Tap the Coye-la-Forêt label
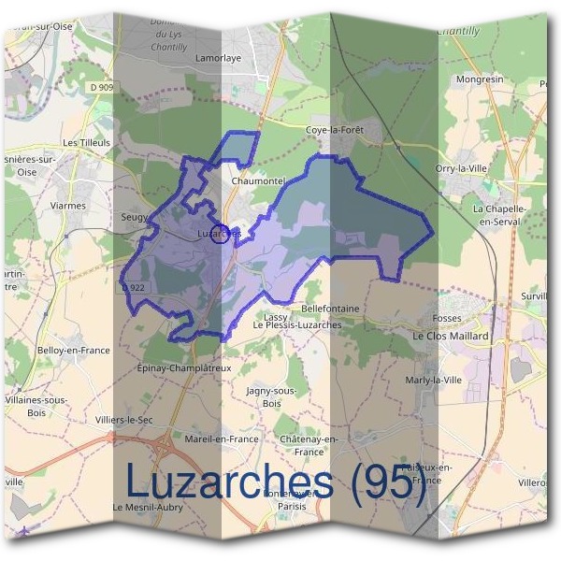point(334,130)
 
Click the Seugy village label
point(135,217)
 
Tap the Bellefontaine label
point(330,308)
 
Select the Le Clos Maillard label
point(451,335)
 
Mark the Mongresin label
point(479,79)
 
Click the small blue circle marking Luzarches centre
point(222,235)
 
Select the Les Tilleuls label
point(86,142)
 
